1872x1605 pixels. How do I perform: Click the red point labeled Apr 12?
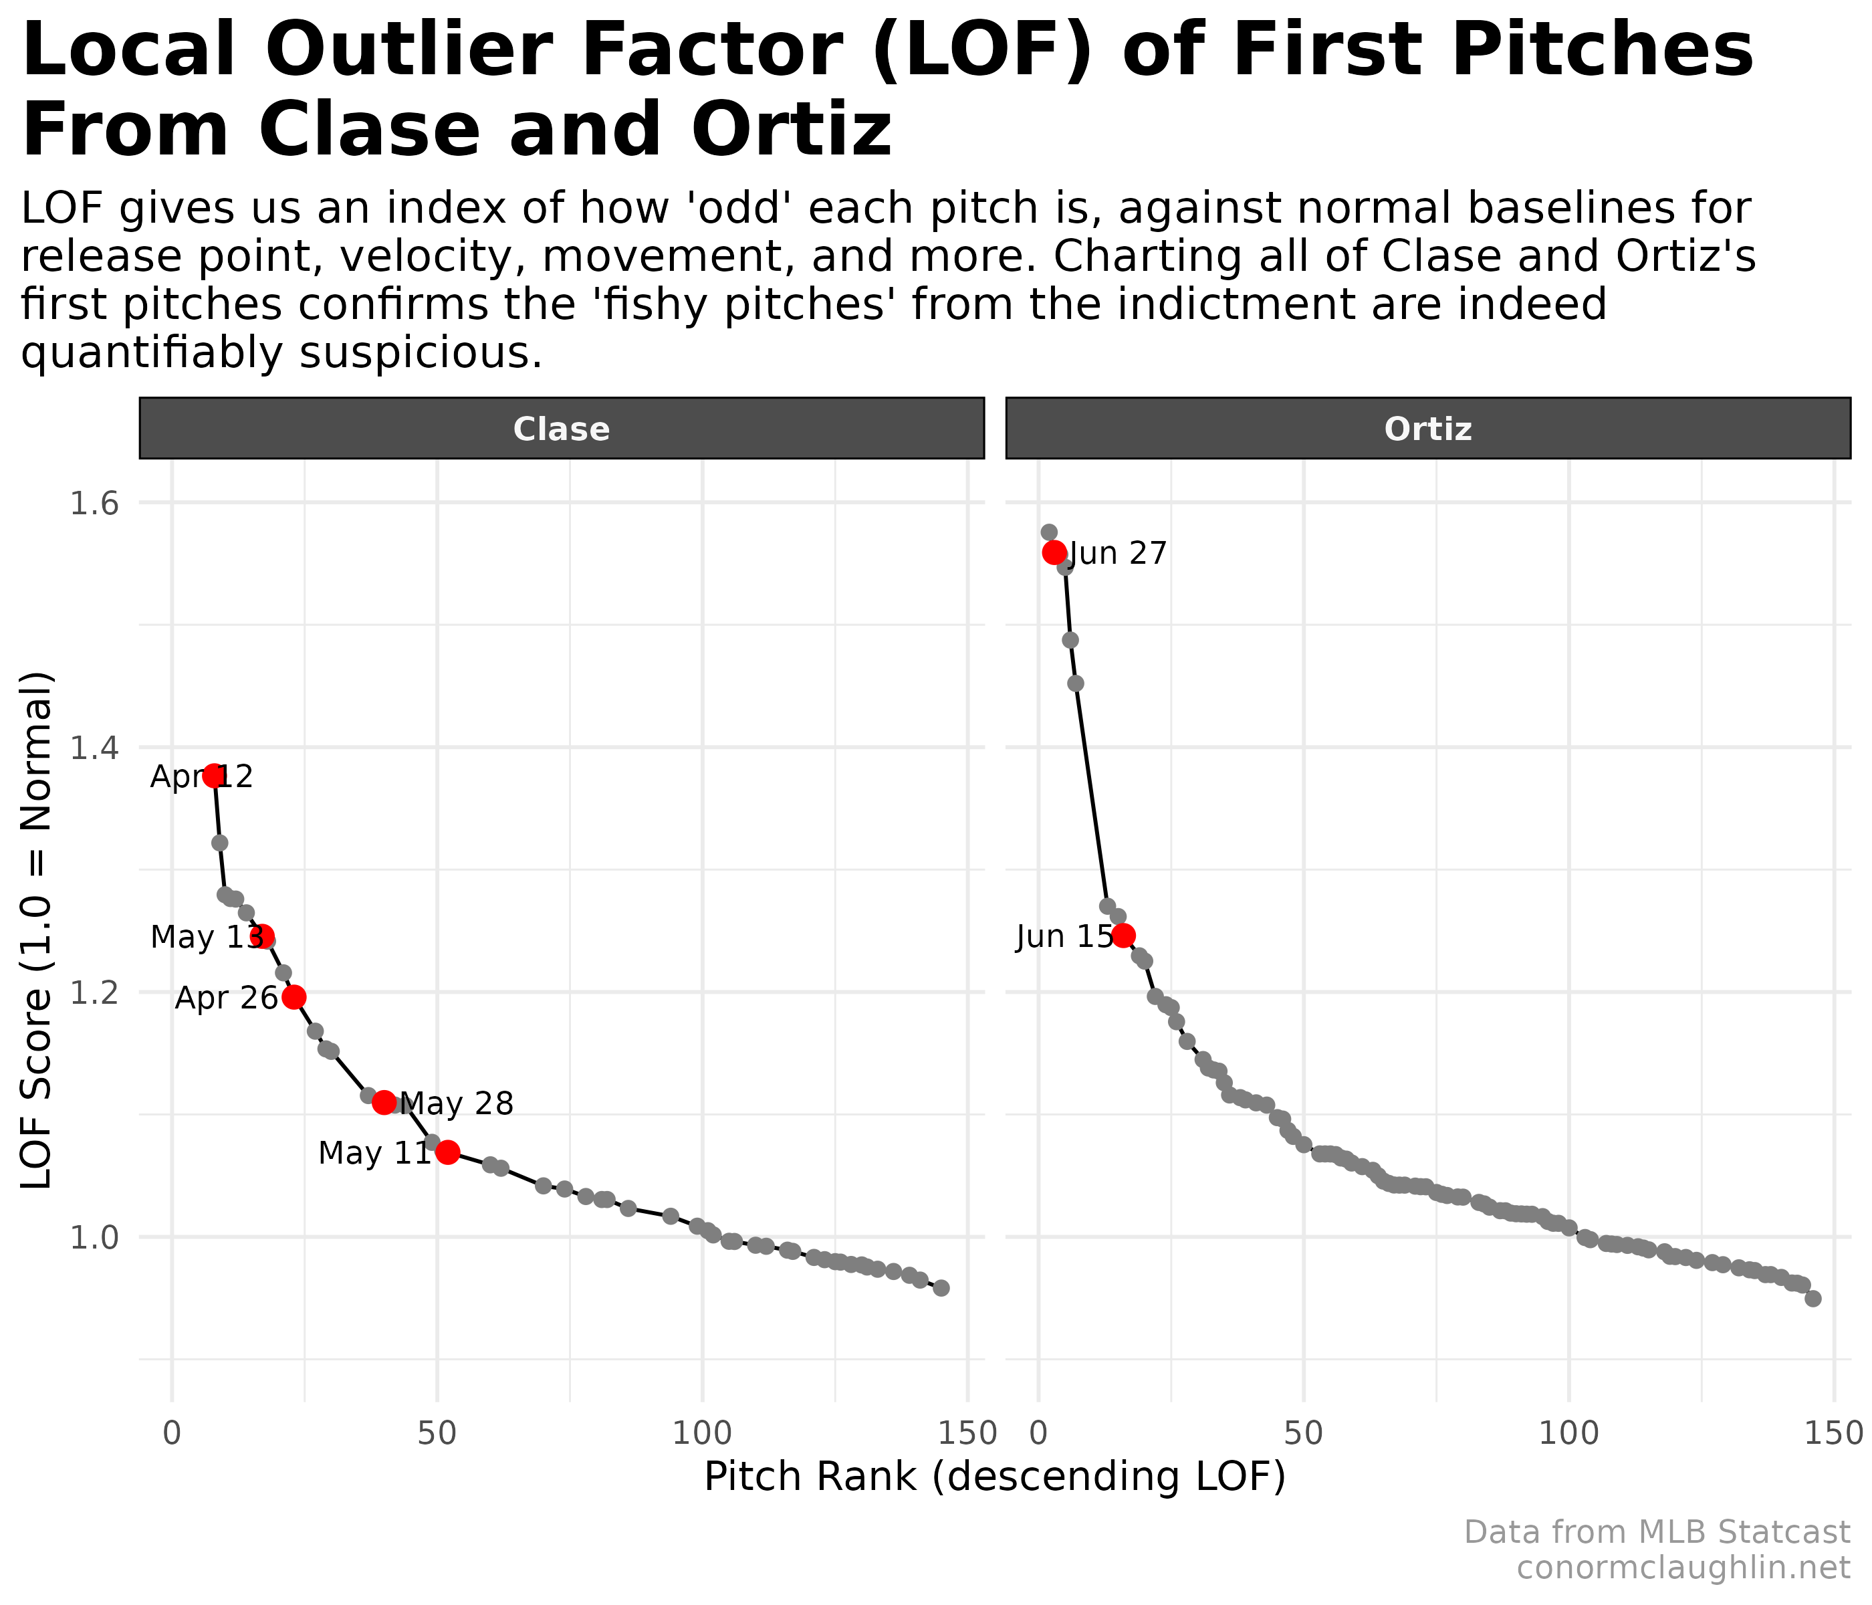coord(213,775)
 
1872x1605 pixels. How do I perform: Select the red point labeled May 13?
coord(263,936)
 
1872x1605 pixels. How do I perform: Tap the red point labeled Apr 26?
coord(294,997)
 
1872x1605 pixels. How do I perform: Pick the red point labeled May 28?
coord(384,1101)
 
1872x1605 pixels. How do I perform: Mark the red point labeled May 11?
coord(447,1152)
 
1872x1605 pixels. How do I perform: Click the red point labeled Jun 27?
coord(1054,552)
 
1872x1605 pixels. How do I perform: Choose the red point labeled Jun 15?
coord(1123,936)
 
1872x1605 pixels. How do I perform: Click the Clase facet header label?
coord(561,429)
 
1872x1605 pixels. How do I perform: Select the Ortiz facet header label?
coord(1427,429)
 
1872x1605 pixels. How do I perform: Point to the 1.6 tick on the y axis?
coord(94,504)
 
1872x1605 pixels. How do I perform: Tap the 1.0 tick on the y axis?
coord(94,1237)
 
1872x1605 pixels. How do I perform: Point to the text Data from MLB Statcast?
coord(1656,1532)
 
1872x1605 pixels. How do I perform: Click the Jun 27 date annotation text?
coord(1118,554)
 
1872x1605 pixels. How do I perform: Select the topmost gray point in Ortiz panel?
coord(1049,532)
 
